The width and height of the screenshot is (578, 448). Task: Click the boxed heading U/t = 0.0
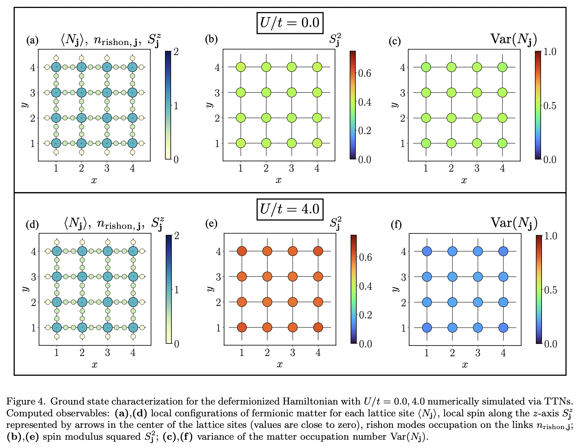click(x=290, y=23)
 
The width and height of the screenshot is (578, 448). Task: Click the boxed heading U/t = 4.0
click(x=290, y=209)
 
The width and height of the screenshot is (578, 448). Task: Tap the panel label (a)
click(x=32, y=40)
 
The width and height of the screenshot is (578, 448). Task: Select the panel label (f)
click(x=396, y=224)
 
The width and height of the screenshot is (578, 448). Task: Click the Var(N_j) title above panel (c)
click(x=514, y=39)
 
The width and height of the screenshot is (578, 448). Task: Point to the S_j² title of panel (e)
click(x=335, y=223)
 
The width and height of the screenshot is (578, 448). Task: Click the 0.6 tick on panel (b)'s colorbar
click(x=365, y=73)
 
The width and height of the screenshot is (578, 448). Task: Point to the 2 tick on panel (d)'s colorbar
click(x=177, y=236)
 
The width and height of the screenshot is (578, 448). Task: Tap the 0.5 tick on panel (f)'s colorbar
click(x=550, y=290)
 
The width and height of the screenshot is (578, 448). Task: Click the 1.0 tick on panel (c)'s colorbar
click(x=550, y=52)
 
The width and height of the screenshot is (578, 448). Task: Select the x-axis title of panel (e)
click(x=280, y=364)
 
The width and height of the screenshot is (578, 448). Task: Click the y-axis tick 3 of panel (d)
click(x=33, y=277)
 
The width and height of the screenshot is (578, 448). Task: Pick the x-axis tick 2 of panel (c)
click(x=451, y=168)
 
